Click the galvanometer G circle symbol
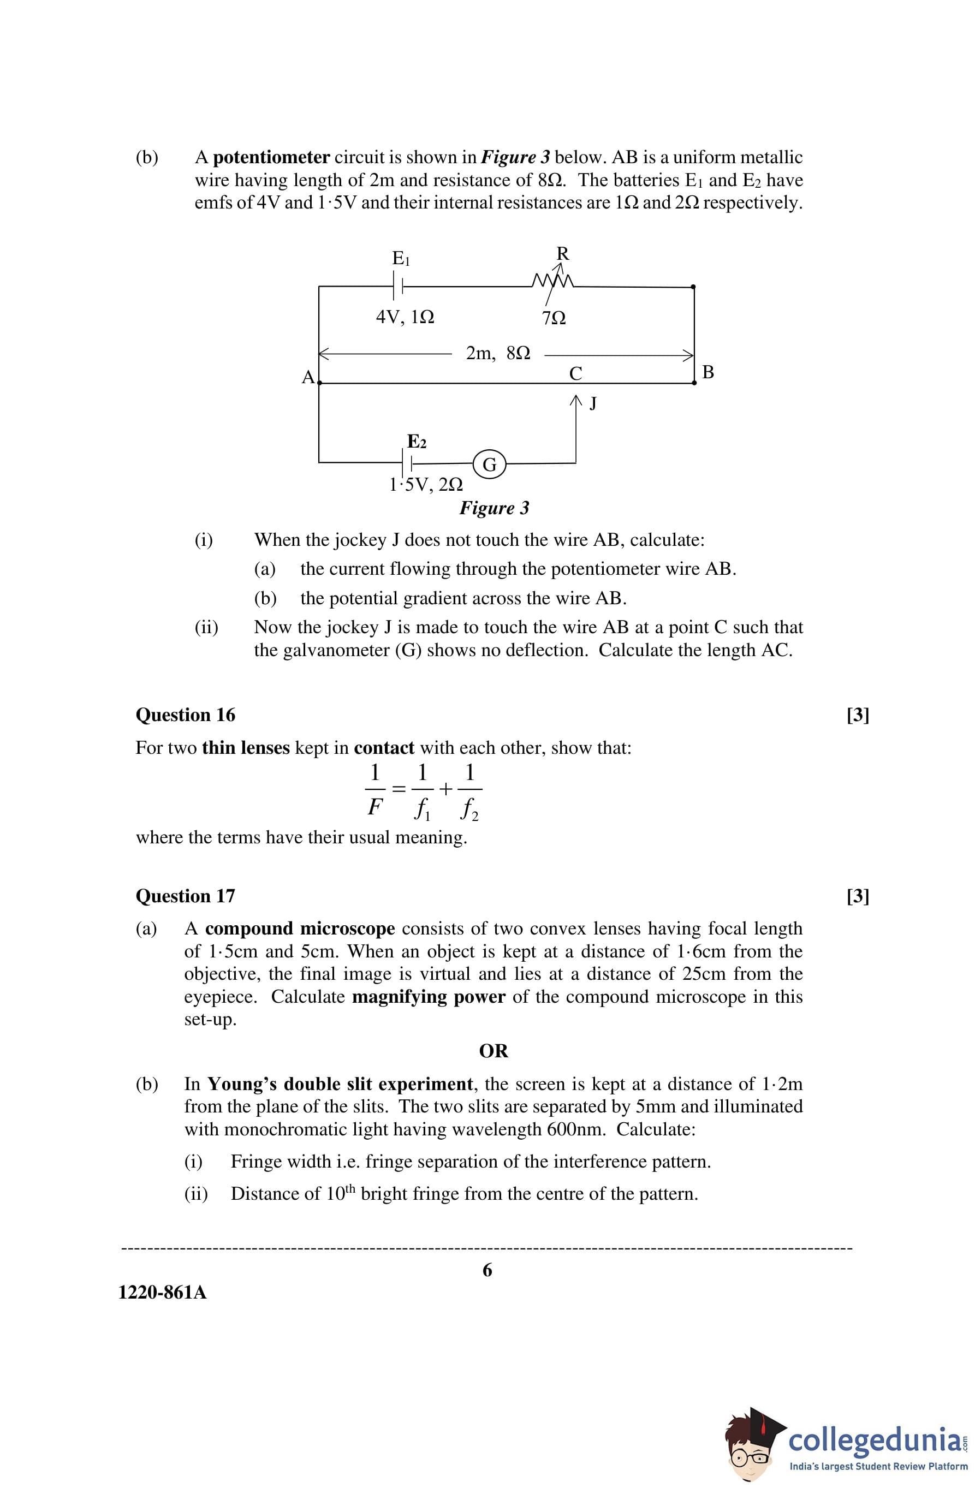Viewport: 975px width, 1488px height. [490, 465]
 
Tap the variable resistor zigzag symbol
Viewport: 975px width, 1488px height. [552, 281]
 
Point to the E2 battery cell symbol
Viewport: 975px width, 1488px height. [407, 463]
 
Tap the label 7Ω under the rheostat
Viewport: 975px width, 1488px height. [554, 318]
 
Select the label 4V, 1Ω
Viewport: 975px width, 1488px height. [405, 317]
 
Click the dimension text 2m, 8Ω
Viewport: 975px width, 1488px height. [498, 353]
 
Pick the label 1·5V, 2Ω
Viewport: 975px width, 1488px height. [426, 485]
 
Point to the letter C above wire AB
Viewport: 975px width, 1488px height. [575, 373]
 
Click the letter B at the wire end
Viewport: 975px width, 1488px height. [708, 373]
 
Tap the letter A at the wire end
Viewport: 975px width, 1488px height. [308, 378]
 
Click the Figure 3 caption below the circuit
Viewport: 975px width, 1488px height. [494, 508]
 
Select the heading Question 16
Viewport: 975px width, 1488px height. [185, 715]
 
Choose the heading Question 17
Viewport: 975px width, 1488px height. [185, 896]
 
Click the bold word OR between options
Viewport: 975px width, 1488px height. [494, 1051]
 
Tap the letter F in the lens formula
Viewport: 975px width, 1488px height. [374, 808]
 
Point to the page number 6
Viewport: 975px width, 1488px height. [487, 1270]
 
